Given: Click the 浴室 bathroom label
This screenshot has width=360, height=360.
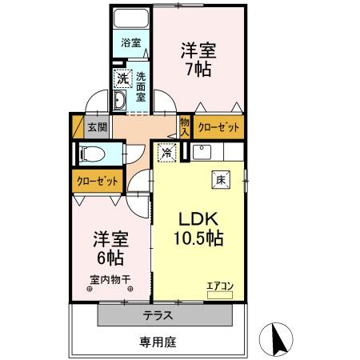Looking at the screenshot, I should [x=131, y=42].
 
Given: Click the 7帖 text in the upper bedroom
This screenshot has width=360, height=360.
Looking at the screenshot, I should [x=197, y=69].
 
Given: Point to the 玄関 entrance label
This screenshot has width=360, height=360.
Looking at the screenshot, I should [x=98, y=126].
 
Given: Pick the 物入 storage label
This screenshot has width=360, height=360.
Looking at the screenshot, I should [x=185, y=126].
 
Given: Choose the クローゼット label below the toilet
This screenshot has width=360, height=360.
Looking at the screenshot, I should [x=98, y=181].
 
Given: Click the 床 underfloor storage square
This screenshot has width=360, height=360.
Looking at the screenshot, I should [x=221, y=180].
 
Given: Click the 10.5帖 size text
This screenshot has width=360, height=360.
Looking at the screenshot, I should [x=198, y=238].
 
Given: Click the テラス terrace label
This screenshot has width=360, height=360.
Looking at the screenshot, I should [x=158, y=315].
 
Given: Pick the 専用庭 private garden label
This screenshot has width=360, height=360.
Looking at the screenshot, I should [x=158, y=341].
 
